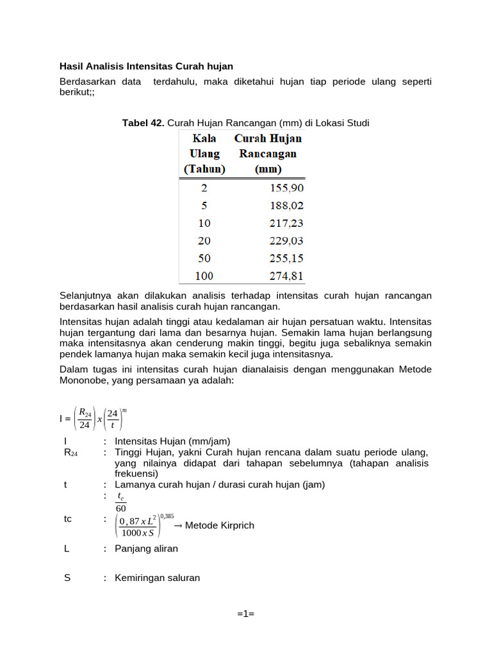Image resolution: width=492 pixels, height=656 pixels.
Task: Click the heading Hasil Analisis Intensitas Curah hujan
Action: pos(146,66)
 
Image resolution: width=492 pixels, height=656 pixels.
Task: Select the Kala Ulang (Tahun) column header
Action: pos(204,154)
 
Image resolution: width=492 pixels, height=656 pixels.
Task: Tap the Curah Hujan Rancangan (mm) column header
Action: pos(268,154)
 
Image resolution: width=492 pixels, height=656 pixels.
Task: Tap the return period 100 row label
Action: pos(204,276)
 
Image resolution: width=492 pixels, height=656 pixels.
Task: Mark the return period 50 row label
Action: pos(204,259)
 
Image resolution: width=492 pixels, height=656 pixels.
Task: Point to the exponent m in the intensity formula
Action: pos(126,409)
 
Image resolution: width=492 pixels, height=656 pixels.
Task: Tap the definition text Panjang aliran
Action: pos(146,548)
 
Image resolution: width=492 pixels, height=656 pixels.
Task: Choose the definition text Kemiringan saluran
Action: pos(157,578)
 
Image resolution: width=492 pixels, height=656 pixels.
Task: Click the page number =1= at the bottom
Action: pos(245,614)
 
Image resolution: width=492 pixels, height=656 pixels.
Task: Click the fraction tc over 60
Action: pos(121,502)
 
